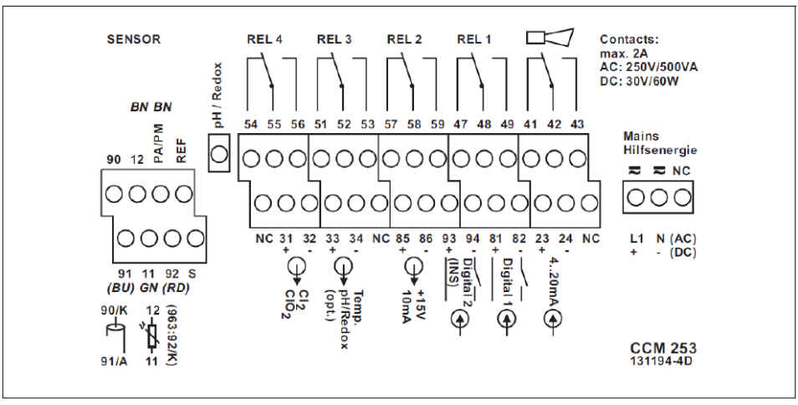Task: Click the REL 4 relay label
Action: (x=265, y=39)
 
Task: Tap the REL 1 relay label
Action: (x=475, y=39)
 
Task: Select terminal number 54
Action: (x=250, y=124)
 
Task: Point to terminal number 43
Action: (x=576, y=124)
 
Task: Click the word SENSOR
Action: (x=133, y=39)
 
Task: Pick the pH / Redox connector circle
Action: (x=219, y=154)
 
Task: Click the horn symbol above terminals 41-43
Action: (x=548, y=37)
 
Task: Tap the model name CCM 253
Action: (x=657, y=346)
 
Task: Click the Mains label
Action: (x=642, y=136)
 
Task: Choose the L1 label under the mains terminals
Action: (x=636, y=239)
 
